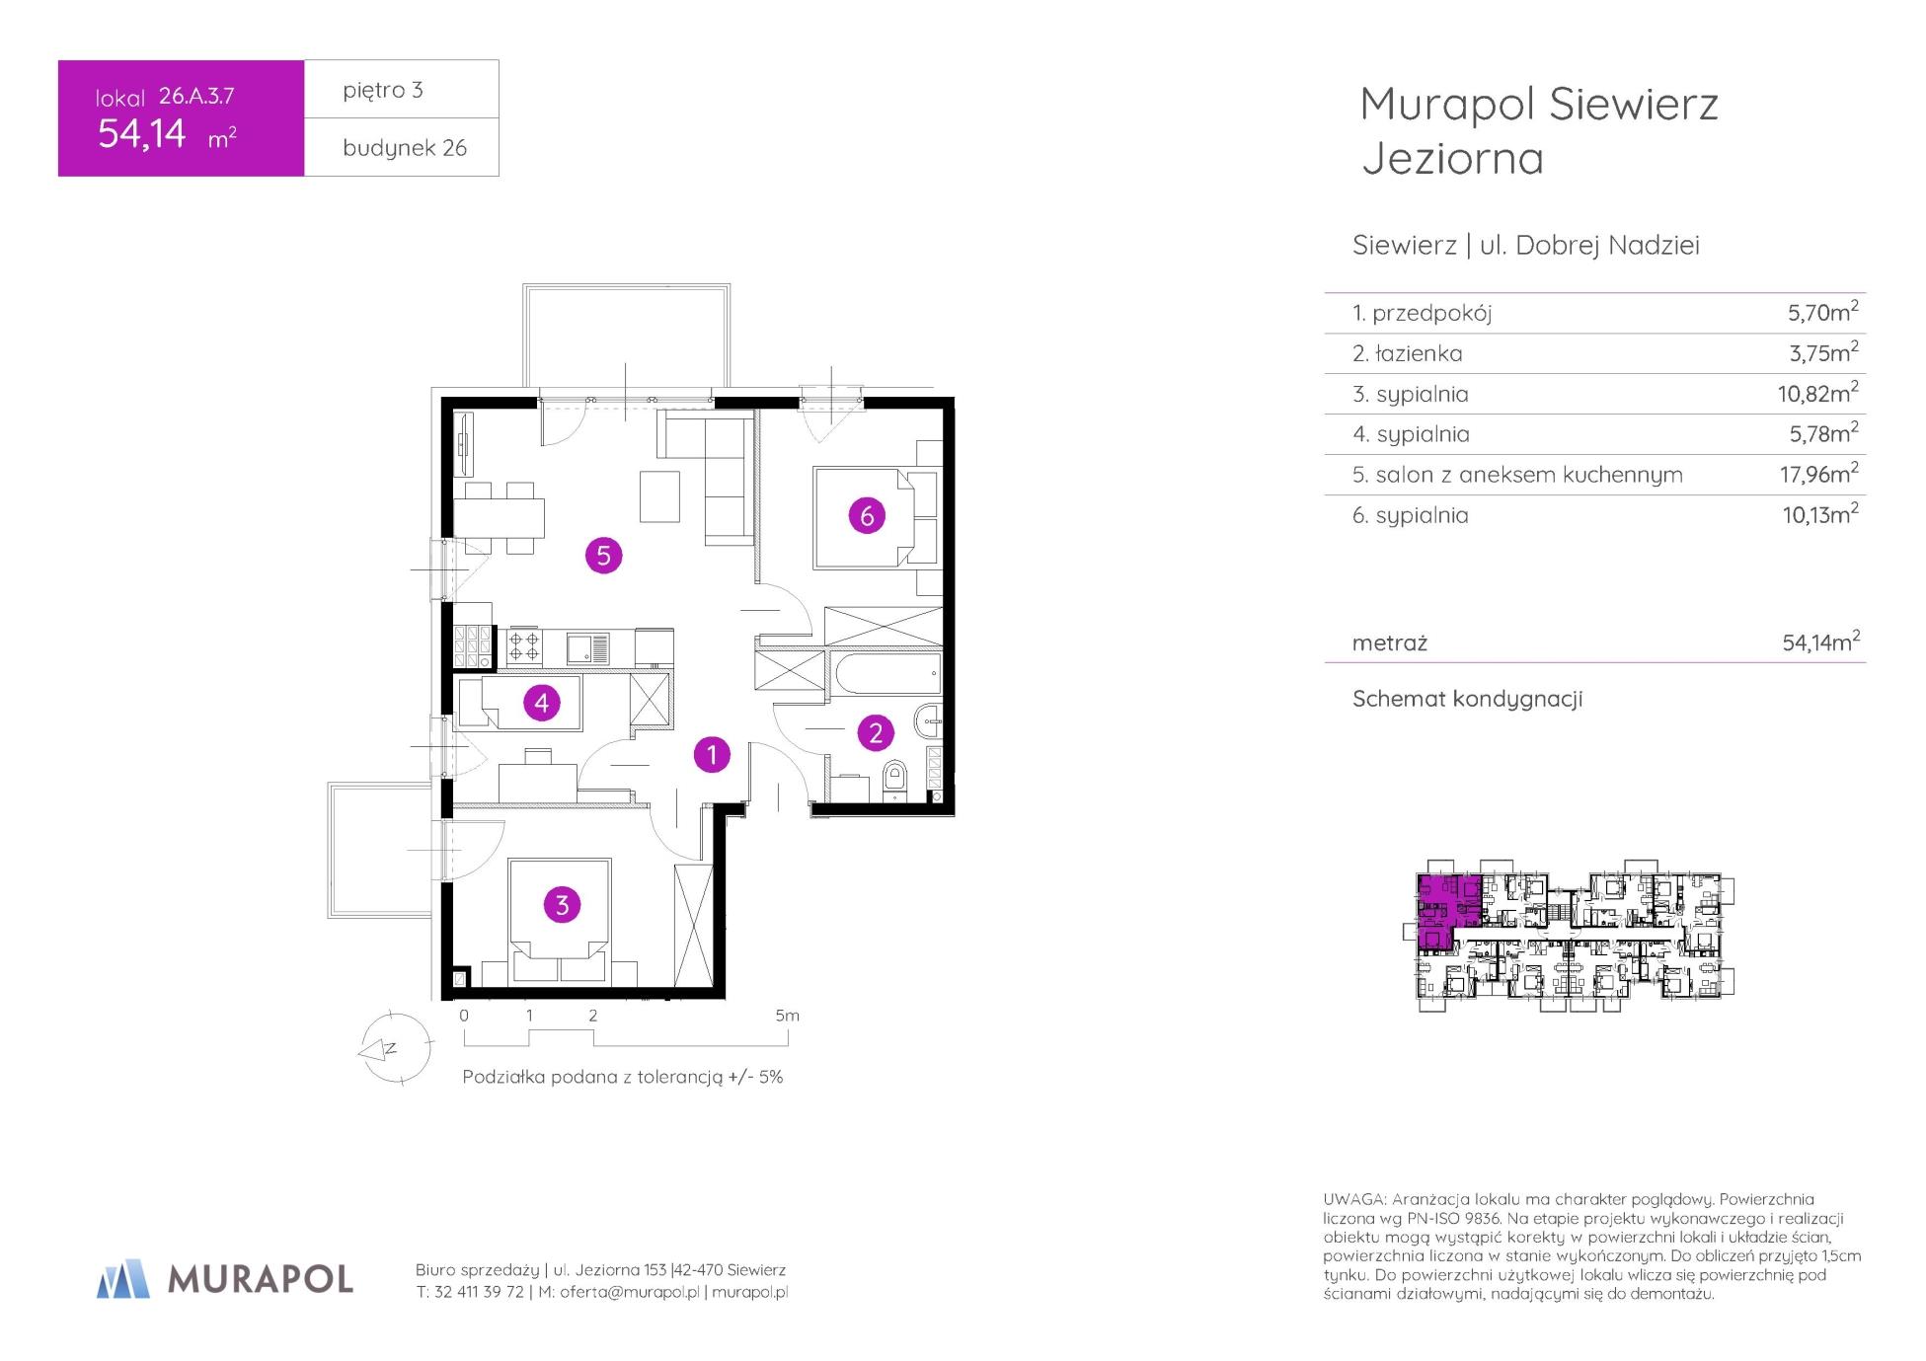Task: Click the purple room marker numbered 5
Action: (603, 556)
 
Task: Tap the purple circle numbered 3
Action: (562, 905)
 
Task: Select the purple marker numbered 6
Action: (867, 515)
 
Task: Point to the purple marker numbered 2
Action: (876, 733)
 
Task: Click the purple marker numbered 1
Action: (712, 755)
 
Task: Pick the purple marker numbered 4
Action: (541, 703)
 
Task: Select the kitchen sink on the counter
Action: (587, 648)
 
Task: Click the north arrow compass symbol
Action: (395, 1049)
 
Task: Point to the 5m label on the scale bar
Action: (787, 1016)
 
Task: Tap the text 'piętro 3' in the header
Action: (383, 90)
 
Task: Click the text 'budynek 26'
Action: (405, 148)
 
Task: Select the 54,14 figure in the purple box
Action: (142, 133)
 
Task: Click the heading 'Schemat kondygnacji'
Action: (1467, 699)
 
